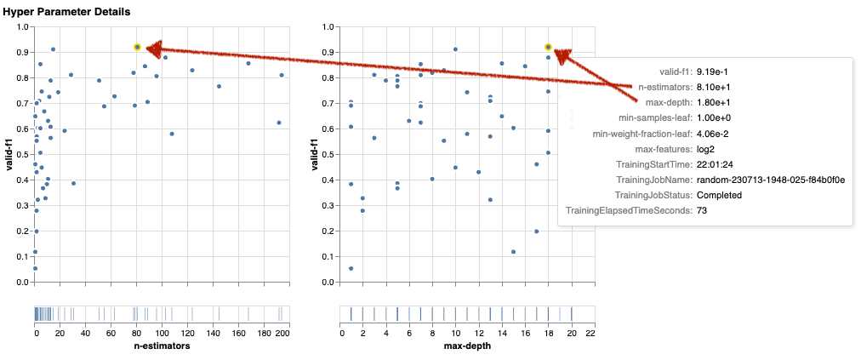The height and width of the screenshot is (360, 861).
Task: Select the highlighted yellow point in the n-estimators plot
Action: (x=138, y=48)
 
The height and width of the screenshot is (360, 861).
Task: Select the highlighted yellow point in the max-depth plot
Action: (x=549, y=48)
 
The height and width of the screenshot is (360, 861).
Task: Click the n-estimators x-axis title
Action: (x=162, y=347)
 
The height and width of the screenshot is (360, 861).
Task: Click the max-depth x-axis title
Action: (x=468, y=347)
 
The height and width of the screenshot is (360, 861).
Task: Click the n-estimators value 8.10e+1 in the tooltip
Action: (x=716, y=88)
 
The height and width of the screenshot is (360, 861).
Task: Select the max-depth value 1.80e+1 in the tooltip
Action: (x=716, y=103)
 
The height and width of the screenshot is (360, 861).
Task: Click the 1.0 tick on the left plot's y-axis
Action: (x=22, y=27)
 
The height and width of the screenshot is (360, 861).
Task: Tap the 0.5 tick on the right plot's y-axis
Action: (x=328, y=155)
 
